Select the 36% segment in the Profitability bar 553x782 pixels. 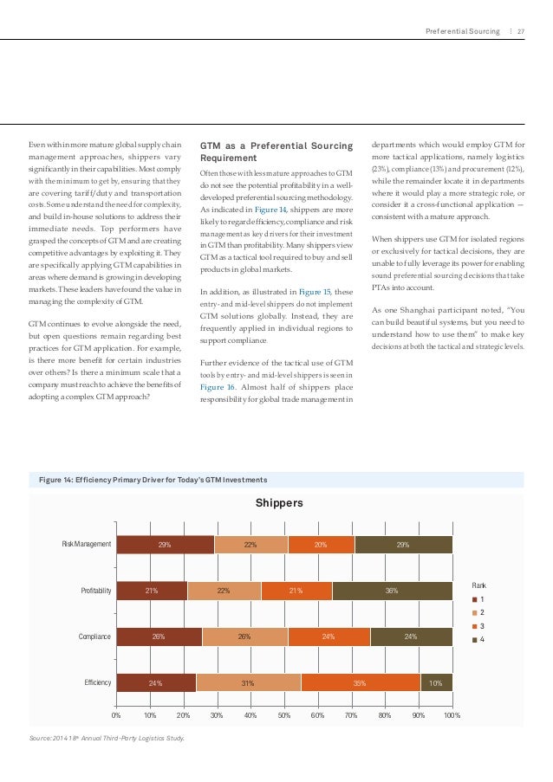point(392,591)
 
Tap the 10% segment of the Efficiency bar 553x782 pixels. point(436,682)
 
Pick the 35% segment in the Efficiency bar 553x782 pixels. point(360,682)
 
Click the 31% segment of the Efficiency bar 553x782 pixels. point(248,682)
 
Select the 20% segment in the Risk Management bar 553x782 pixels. point(321,545)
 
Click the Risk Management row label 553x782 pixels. point(87,545)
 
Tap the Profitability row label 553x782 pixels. point(96,591)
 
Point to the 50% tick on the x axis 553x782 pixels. point(284,716)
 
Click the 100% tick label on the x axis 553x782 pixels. point(452,716)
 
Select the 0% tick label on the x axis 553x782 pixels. point(117,716)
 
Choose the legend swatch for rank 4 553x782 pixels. point(473,641)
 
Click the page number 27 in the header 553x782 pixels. point(521,32)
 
